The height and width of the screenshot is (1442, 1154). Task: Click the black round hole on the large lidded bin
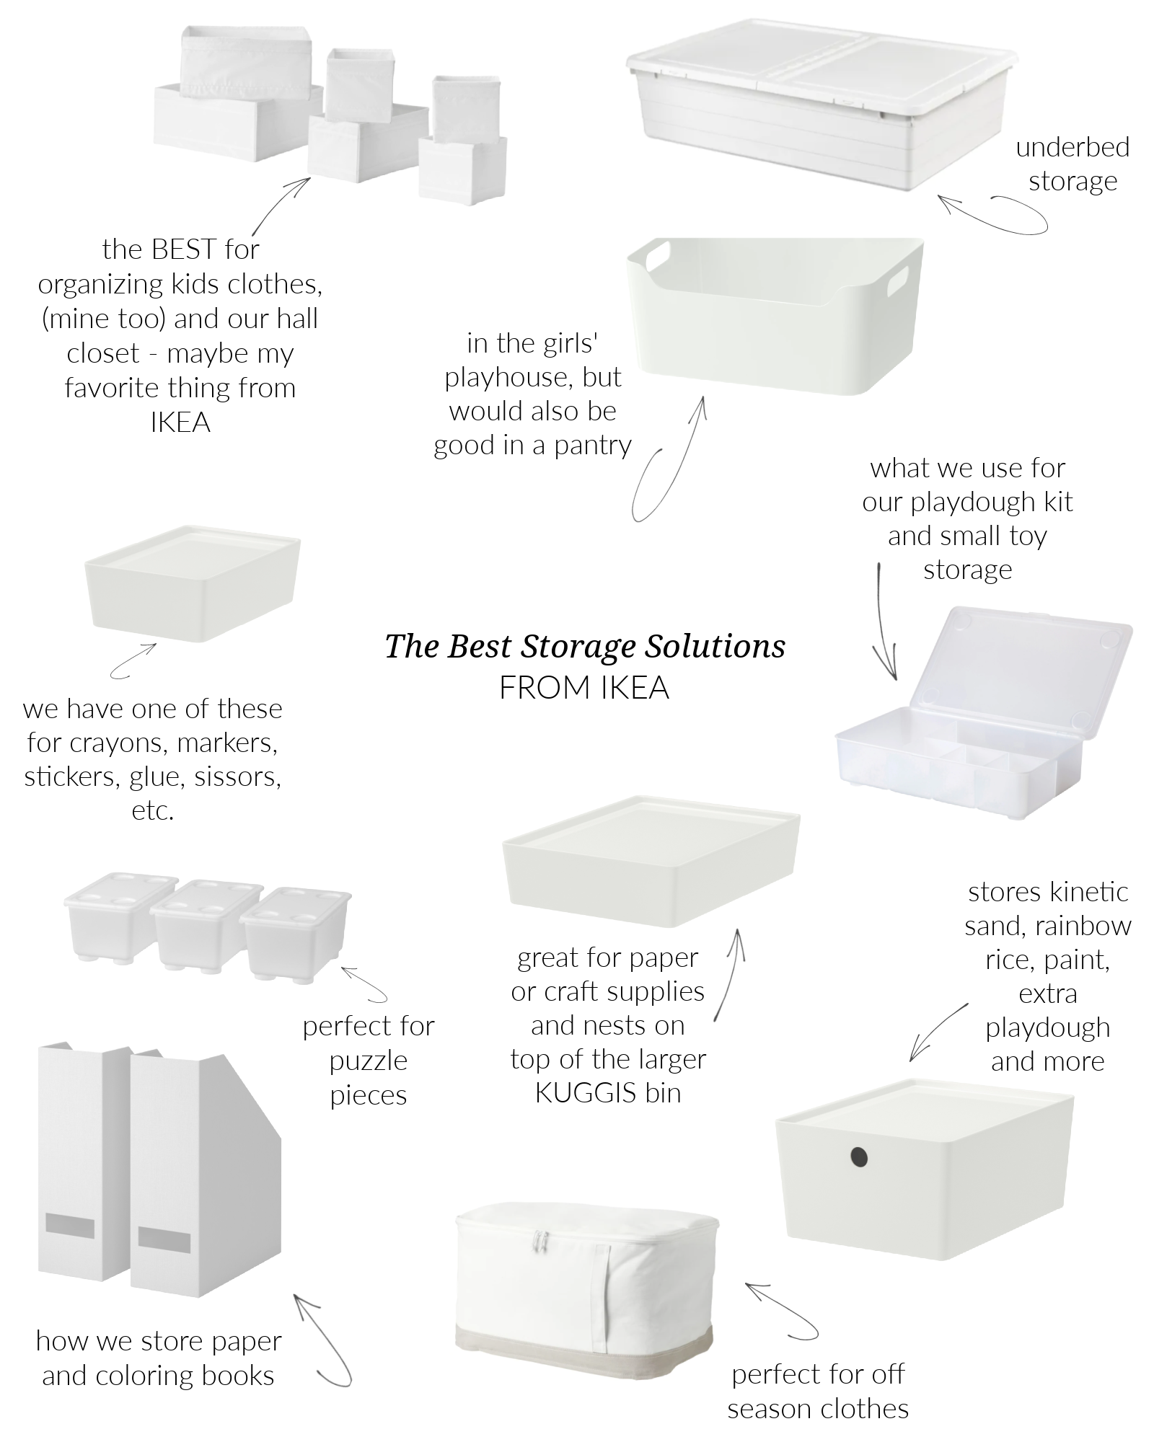pyautogui.click(x=858, y=1159)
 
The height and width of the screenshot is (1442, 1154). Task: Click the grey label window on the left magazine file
pyautogui.click(x=69, y=1224)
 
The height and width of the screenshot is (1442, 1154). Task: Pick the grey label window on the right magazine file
pyautogui.click(x=164, y=1239)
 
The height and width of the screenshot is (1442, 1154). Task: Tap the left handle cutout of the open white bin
pyautogui.click(x=658, y=258)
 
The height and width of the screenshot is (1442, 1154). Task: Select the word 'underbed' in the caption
pyautogui.click(x=1072, y=147)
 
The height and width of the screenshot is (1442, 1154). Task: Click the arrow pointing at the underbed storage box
pyautogui.click(x=992, y=213)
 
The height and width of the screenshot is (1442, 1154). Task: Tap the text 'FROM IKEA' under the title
pyautogui.click(x=584, y=688)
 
